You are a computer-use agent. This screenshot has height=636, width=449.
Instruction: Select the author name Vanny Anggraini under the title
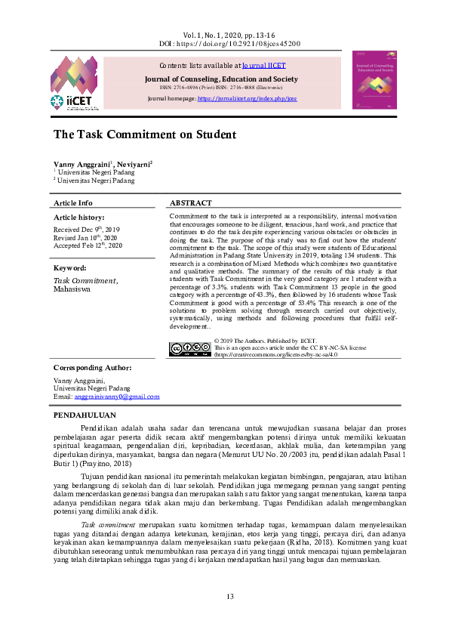(81, 164)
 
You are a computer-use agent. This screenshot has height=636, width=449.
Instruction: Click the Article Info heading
(73, 203)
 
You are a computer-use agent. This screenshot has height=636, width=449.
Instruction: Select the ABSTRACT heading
(191, 203)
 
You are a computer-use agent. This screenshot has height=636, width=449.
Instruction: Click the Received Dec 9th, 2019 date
(86, 228)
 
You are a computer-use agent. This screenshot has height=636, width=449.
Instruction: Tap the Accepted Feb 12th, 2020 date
(88, 245)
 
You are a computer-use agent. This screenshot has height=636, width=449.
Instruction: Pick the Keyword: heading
(70, 268)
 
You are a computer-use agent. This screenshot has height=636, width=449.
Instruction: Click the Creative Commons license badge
(191, 349)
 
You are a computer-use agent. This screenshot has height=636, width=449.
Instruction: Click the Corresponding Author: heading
(93, 368)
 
